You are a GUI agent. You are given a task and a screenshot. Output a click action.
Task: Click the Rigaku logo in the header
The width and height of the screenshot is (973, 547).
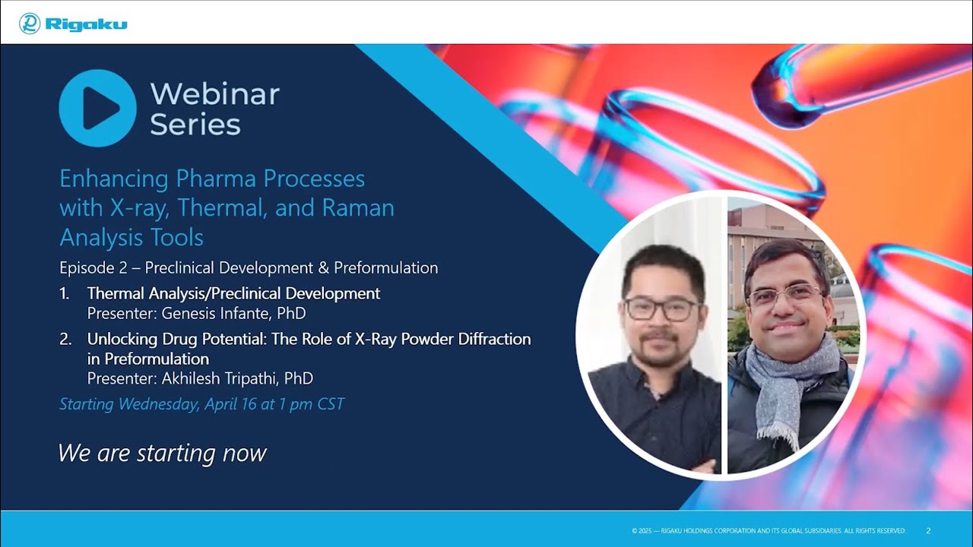tap(73, 24)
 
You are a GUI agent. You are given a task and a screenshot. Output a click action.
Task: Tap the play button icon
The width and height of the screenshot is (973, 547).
tap(97, 108)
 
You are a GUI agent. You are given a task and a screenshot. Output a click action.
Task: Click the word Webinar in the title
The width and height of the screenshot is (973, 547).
tap(214, 94)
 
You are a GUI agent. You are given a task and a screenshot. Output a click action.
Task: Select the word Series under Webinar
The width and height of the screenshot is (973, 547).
tap(195, 124)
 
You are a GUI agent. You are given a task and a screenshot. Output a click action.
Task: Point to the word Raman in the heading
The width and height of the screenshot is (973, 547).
tap(358, 207)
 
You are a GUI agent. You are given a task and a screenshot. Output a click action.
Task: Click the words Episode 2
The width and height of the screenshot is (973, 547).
tap(93, 268)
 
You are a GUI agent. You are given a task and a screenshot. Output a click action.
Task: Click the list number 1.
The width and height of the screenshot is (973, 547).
tap(65, 294)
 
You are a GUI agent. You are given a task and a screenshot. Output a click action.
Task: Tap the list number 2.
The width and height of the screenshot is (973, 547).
tap(65, 339)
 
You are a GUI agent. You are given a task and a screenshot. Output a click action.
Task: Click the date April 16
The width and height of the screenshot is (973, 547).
tap(230, 404)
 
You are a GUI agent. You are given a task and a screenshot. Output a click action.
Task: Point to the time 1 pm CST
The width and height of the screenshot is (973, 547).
tap(312, 404)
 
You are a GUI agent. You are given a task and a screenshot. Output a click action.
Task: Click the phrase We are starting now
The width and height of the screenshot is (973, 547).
tap(162, 454)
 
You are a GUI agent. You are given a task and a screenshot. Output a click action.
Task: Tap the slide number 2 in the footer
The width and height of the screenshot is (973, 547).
tap(928, 530)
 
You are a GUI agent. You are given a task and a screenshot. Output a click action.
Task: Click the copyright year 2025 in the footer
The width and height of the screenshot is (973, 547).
tap(645, 530)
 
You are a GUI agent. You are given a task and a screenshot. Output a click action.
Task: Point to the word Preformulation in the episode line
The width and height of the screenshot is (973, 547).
tap(385, 268)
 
